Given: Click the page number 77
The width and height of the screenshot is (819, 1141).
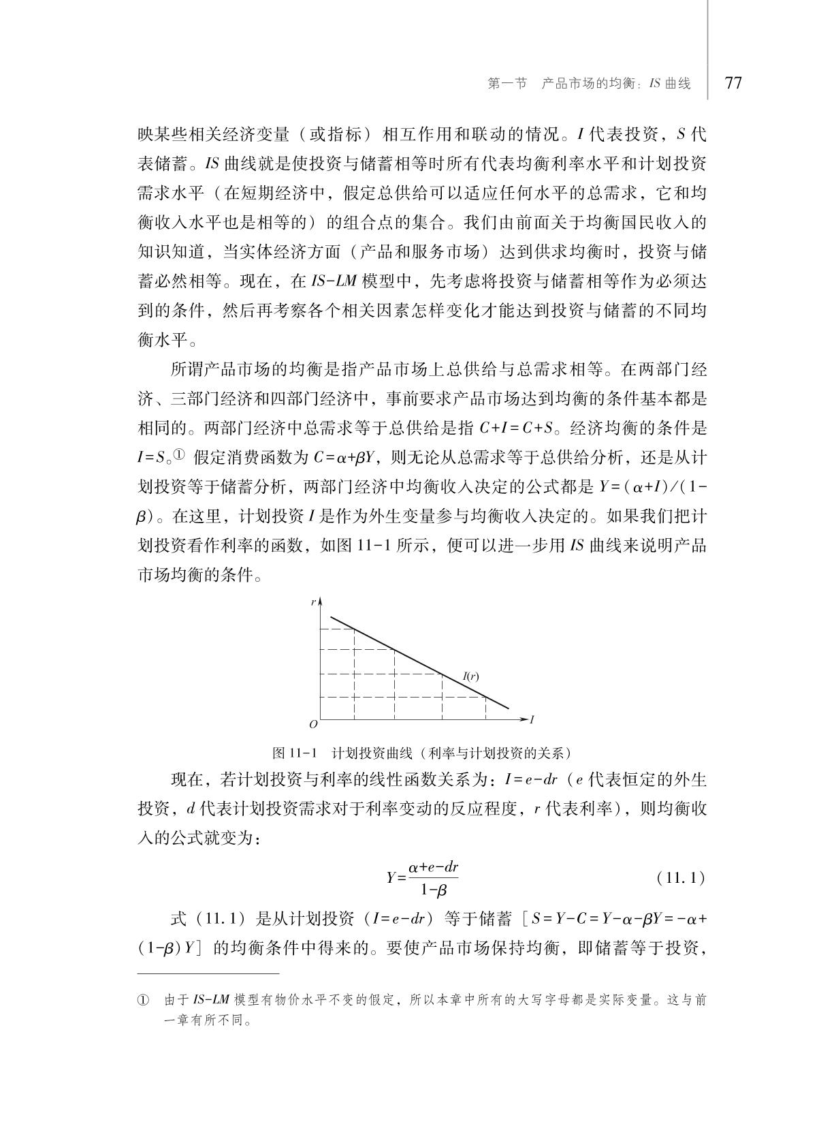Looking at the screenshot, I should (733, 83).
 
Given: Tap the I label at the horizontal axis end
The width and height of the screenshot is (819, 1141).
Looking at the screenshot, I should (532, 719).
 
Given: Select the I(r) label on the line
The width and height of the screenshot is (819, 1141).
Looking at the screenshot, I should (470, 676).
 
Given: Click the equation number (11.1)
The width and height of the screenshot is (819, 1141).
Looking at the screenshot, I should (680, 878).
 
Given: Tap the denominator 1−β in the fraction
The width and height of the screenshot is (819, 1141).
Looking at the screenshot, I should (433, 890).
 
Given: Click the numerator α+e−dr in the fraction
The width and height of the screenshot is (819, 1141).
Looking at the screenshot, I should (433, 867).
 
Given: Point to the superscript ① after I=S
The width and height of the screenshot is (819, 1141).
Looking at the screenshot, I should (178, 454).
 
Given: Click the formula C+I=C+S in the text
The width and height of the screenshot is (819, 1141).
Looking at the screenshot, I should (515, 428).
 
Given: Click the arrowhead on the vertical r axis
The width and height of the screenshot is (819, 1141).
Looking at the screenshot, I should (319, 599).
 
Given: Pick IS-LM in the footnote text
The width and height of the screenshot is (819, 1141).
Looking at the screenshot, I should (211, 1001).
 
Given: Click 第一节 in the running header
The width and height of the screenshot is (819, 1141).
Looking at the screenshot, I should (508, 84).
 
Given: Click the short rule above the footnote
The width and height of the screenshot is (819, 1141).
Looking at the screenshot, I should (208, 974).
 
